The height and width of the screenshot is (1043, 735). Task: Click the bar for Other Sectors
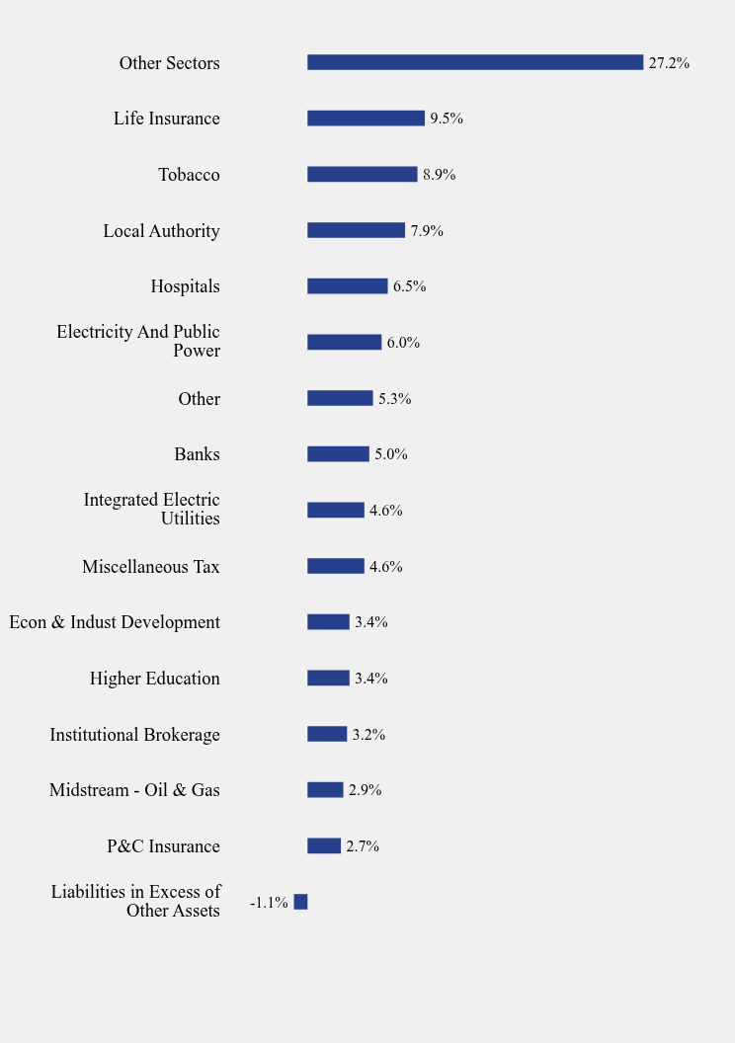(x=475, y=62)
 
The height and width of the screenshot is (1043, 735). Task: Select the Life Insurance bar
(x=366, y=119)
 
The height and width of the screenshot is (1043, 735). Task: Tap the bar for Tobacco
(x=362, y=174)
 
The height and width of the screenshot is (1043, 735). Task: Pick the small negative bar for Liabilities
(x=300, y=902)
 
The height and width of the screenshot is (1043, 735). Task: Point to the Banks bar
(x=338, y=454)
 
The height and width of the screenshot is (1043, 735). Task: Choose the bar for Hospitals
(x=347, y=286)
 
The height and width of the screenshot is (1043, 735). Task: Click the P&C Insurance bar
(x=324, y=845)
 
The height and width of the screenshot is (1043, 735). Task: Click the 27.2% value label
(x=669, y=63)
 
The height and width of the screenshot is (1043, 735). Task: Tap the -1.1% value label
(x=269, y=903)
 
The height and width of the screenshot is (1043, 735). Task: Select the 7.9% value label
(x=427, y=231)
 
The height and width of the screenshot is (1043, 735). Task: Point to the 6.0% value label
(x=403, y=343)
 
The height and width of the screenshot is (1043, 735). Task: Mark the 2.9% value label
(x=365, y=790)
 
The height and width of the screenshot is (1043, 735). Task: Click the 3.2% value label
(x=368, y=735)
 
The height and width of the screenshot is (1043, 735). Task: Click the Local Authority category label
(x=161, y=231)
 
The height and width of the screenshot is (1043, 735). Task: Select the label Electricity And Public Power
(x=138, y=341)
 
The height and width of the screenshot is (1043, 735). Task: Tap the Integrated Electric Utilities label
(x=152, y=509)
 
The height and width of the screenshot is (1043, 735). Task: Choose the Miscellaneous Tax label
(x=151, y=567)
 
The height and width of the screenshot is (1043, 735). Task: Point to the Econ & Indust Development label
(x=115, y=622)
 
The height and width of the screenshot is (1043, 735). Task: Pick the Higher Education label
(x=155, y=679)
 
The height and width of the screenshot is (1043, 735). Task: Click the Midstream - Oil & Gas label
(x=134, y=790)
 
